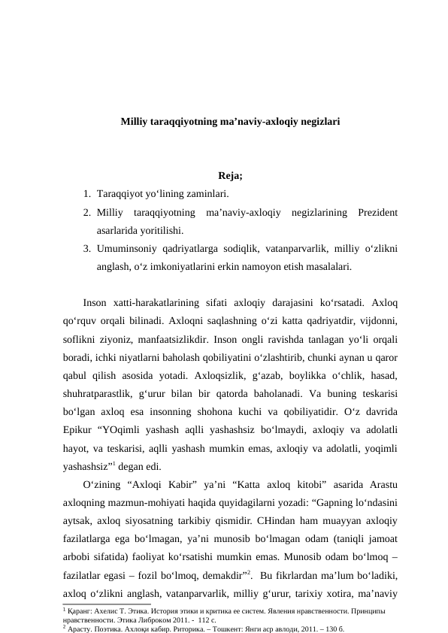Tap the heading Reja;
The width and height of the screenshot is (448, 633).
pos(230,177)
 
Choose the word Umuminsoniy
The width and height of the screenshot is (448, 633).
pos(126,248)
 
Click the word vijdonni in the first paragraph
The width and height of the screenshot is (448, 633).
pos(379,321)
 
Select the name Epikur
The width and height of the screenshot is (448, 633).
pos(79,429)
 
